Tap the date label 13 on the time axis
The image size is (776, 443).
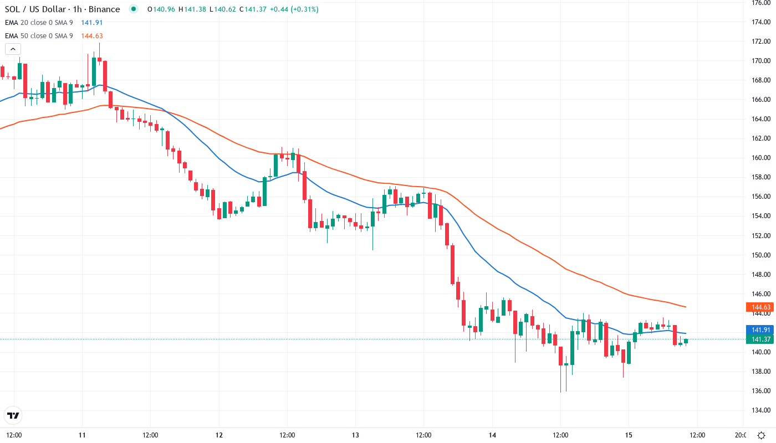pos(355,435)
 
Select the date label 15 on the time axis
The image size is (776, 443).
pos(629,435)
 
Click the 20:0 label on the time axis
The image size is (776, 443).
pos(741,435)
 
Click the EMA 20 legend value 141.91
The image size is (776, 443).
pos(92,23)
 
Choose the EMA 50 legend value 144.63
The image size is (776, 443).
pos(92,36)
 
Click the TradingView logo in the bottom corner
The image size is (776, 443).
pos(13,415)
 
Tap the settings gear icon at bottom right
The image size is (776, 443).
pos(762,435)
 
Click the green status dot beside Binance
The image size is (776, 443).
pos(132,9)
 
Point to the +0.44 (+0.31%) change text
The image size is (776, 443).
pos(293,9)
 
